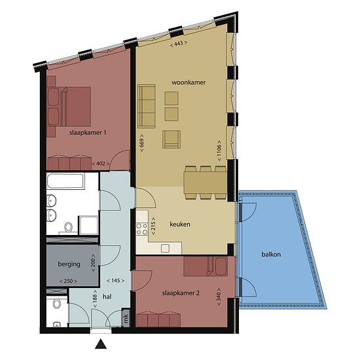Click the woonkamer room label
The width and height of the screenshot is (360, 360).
tap(189, 82)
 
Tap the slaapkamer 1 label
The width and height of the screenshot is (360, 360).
tap(88, 133)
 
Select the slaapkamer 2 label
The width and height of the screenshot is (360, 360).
tap(181, 293)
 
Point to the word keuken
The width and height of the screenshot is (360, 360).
tap(180, 224)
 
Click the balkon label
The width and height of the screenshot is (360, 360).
tap(271, 255)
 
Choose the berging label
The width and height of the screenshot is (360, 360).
tap(69, 264)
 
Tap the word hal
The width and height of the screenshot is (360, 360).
tap(107, 297)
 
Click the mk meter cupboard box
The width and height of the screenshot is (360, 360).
tap(126, 318)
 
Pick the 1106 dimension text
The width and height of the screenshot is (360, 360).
tap(219, 151)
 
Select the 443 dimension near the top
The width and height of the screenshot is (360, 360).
tap(179, 43)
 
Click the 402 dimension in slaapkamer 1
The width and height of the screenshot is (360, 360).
tap(101, 164)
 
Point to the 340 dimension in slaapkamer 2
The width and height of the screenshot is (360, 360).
tap(219, 297)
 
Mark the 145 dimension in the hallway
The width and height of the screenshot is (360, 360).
tap(115, 281)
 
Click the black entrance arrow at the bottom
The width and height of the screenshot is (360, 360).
tap(101, 344)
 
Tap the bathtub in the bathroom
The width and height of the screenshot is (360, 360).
tap(65, 181)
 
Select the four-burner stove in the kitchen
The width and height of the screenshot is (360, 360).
tap(142, 229)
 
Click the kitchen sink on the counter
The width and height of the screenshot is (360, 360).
tap(165, 248)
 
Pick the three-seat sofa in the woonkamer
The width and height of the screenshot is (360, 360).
tap(147, 106)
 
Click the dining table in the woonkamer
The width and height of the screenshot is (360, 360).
tap(206, 183)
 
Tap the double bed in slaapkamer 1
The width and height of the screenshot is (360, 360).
tap(69, 106)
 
